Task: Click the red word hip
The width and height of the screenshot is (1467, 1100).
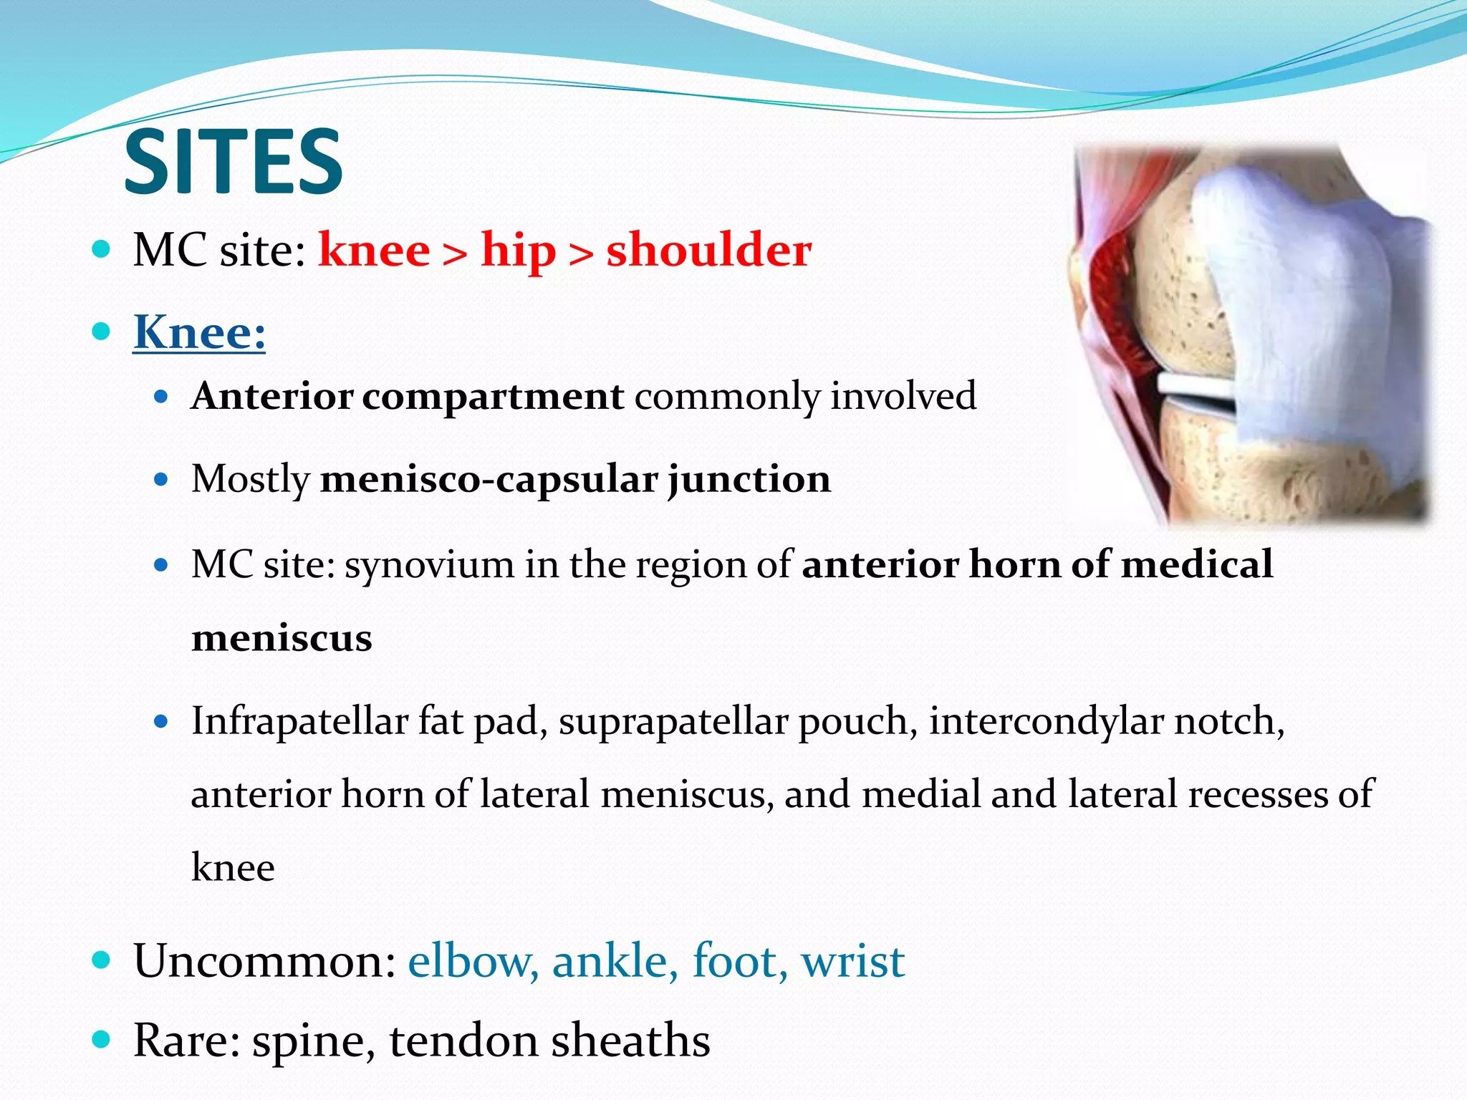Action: tap(518, 251)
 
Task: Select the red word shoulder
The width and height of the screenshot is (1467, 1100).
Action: tap(708, 251)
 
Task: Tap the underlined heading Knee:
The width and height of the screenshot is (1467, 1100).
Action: tap(199, 332)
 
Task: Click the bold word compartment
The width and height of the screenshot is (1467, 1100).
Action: tap(493, 397)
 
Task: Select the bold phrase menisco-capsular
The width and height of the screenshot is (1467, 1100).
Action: tap(489, 479)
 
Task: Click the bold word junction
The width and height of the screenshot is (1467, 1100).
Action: tap(749, 479)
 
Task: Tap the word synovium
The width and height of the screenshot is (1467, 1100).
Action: tap(429, 564)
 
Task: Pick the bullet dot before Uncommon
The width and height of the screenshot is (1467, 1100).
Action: tap(102, 960)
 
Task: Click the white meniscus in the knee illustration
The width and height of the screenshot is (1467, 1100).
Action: tap(1196, 390)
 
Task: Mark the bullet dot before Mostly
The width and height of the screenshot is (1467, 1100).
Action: tap(161, 479)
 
